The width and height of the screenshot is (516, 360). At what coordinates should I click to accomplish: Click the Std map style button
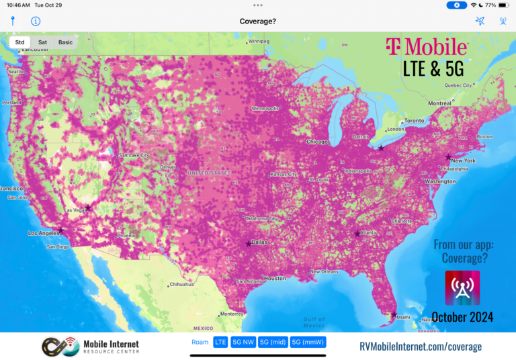(x=19, y=42)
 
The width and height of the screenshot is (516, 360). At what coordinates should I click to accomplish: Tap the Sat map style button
(x=42, y=42)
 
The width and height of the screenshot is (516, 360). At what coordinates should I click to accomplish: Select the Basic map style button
(x=65, y=42)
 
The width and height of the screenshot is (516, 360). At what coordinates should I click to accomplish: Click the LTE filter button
(x=220, y=342)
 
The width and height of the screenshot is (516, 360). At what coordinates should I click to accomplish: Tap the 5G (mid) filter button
(x=273, y=342)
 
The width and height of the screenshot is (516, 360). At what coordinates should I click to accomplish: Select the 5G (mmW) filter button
(x=308, y=342)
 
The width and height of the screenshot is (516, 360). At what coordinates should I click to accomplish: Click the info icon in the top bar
(x=36, y=21)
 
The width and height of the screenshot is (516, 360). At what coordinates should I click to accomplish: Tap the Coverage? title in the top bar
(x=258, y=21)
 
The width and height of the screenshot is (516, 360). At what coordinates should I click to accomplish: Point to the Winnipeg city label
(x=259, y=41)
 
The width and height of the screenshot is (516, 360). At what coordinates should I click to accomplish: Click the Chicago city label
(x=317, y=142)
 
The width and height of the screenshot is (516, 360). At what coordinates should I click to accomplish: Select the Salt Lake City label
(x=134, y=155)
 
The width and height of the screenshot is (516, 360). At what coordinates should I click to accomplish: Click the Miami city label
(x=403, y=317)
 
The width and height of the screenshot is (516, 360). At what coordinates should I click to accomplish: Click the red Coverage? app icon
(x=462, y=287)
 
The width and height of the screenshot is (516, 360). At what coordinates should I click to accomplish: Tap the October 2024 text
(x=462, y=316)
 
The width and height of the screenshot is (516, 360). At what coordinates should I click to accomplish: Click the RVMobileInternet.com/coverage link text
(x=421, y=347)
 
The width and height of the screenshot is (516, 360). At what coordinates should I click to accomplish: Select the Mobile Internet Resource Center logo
(x=90, y=347)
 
